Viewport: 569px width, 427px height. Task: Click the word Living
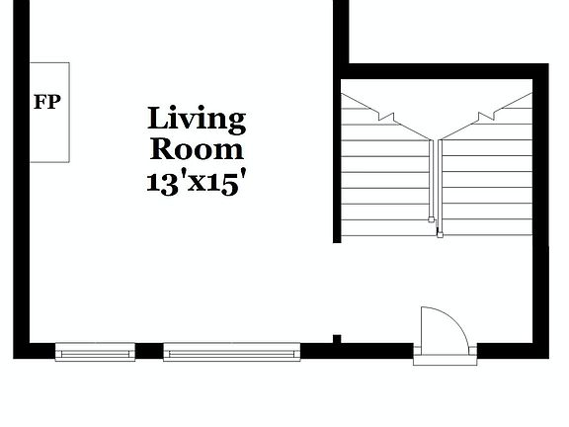point(197,120)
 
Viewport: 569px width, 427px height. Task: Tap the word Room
point(197,150)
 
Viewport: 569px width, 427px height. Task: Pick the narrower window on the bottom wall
point(95,351)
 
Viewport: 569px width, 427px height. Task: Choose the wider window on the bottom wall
point(231,351)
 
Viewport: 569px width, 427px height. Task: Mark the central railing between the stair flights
point(436,183)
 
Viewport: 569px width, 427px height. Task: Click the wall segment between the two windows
point(148,351)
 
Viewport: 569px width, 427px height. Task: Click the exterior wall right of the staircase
point(540,198)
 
